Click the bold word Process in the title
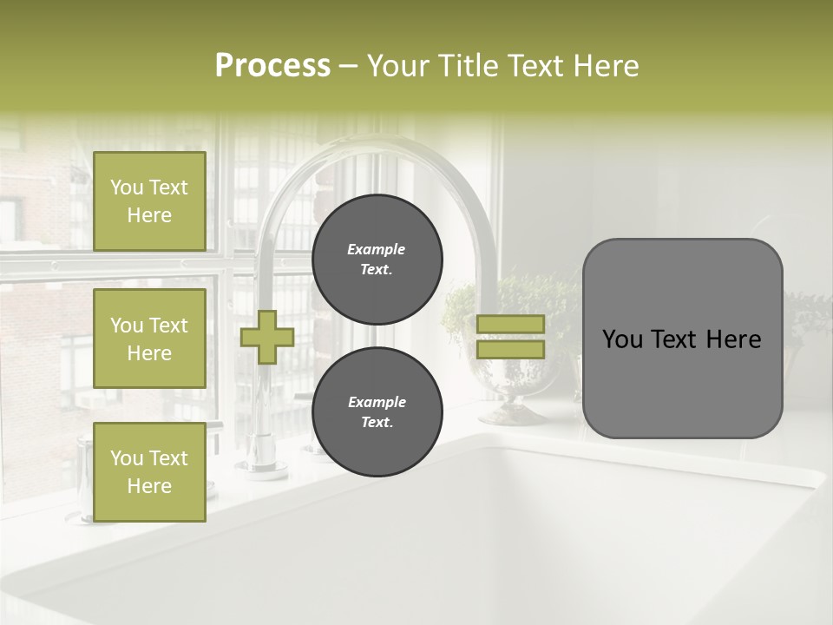272,66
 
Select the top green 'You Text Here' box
149,201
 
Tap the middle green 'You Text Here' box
149,339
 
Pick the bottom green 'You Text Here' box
149,472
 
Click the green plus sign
267,337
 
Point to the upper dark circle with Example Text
377,259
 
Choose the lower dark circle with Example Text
377,411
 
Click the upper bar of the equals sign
510,324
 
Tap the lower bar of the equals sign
510,350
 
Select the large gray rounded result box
682,339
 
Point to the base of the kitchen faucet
266,468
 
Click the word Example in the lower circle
377,402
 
